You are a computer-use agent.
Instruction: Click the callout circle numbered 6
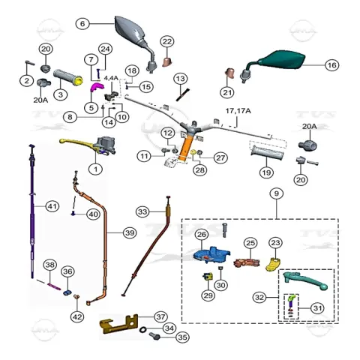82,24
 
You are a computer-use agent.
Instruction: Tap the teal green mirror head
283,60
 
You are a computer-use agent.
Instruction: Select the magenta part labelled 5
96,88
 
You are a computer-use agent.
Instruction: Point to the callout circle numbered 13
180,79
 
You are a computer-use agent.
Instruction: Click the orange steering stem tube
185,148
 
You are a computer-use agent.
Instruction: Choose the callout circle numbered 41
52,206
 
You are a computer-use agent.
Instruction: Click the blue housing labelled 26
211,255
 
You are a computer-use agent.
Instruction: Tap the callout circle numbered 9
276,193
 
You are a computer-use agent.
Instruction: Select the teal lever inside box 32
305,280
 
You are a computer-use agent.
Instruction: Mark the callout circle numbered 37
160,316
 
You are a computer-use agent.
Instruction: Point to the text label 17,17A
238,111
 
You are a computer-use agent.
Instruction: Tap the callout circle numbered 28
199,170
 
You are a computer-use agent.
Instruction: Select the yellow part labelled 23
272,265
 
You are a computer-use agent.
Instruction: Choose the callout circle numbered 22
167,41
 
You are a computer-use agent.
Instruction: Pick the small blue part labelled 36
67,292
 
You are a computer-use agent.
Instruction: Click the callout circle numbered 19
266,172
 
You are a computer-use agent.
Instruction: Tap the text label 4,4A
111,78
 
